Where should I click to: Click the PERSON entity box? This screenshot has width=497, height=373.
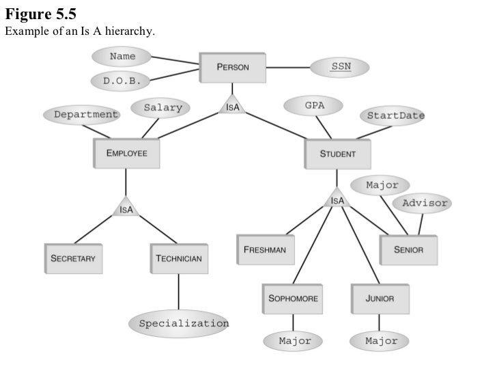tap(232, 67)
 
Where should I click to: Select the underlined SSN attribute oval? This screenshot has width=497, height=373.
tap(340, 67)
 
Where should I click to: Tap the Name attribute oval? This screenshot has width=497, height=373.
tap(122, 56)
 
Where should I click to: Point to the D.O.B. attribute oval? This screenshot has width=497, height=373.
tap(122, 81)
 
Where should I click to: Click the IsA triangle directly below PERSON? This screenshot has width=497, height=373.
tap(232, 107)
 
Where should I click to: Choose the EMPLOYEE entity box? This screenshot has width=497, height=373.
tap(126, 154)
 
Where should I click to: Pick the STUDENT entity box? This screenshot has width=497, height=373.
tap(337, 154)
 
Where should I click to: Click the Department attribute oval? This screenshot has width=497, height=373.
tap(81, 115)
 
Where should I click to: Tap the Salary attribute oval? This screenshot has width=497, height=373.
tap(162, 107)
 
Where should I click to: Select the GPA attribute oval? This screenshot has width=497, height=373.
tap(314, 106)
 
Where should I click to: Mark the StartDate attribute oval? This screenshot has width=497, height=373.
tap(395, 115)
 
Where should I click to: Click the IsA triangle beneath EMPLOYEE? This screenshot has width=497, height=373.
tap(126, 208)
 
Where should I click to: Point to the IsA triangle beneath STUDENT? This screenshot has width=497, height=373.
tap(337, 199)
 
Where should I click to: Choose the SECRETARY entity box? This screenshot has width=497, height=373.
tap(72, 259)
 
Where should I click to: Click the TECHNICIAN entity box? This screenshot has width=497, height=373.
tap(179, 259)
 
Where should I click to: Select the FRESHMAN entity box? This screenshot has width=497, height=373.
tap(266, 250)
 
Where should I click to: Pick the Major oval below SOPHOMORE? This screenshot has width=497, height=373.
tap(294, 340)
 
